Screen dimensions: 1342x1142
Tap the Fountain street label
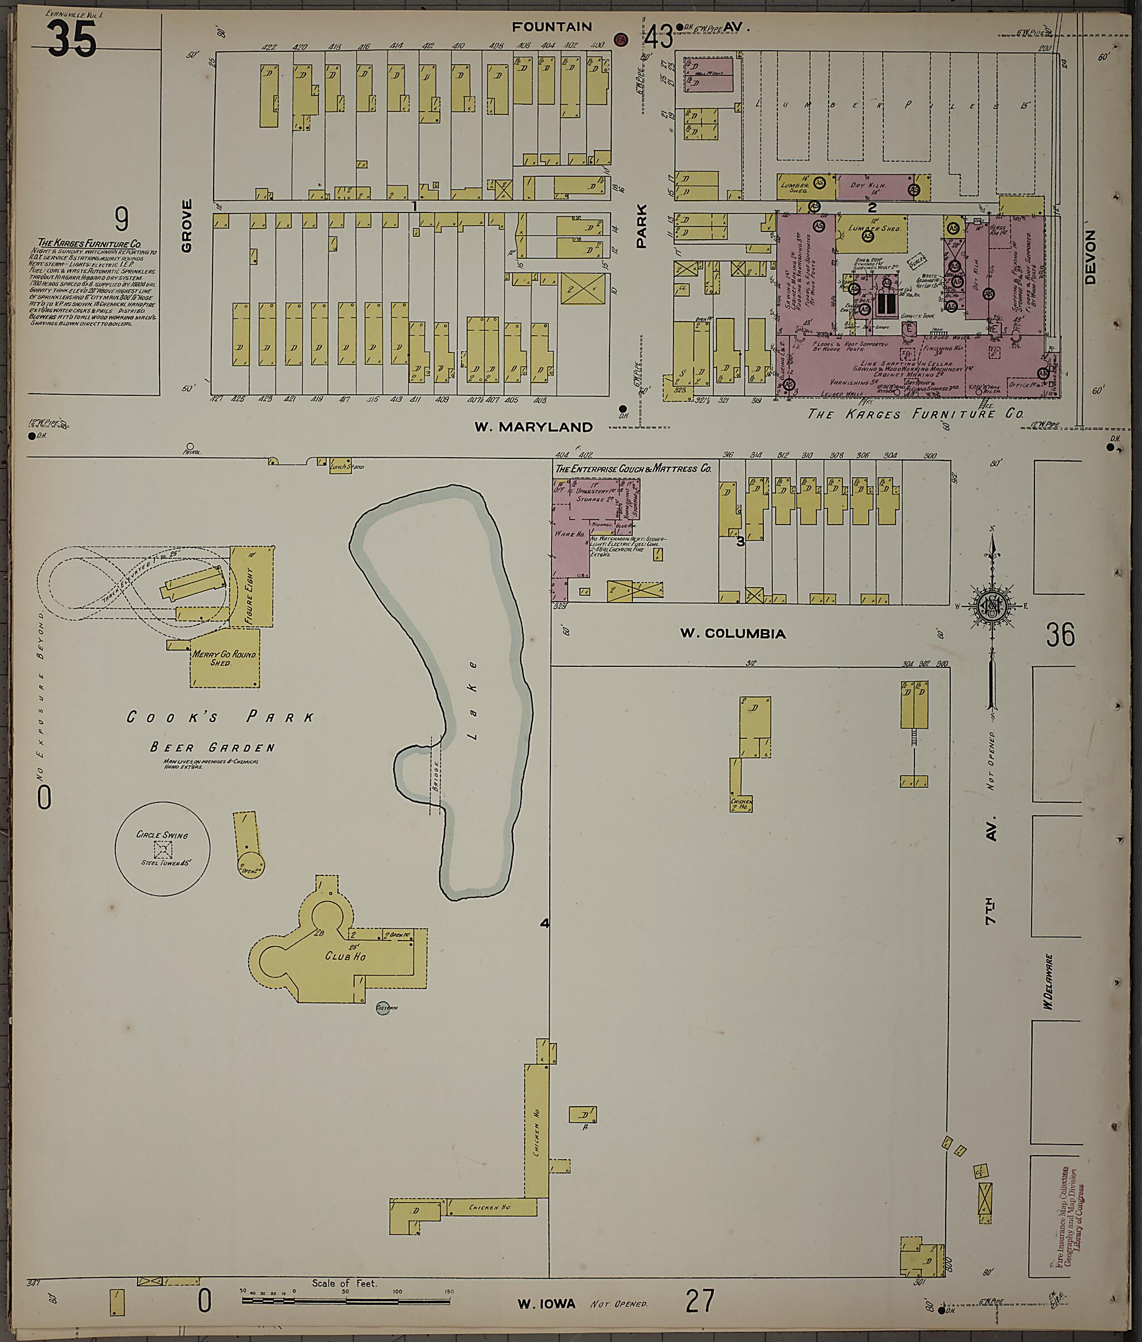(x=551, y=27)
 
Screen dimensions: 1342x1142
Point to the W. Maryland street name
(x=534, y=427)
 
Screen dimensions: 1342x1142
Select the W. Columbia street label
(x=732, y=633)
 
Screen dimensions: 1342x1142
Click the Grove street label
(x=187, y=225)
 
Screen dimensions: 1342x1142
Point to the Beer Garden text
(x=212, y=748)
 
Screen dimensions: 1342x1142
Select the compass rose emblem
(x=990, y=605)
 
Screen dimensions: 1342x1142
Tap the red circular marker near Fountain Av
(x=621, y=40)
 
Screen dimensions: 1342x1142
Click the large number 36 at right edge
(x=1061, y=634)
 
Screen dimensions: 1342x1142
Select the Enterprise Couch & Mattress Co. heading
(x=632, y=468)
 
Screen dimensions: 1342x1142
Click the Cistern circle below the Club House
(x=383, y=1008)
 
